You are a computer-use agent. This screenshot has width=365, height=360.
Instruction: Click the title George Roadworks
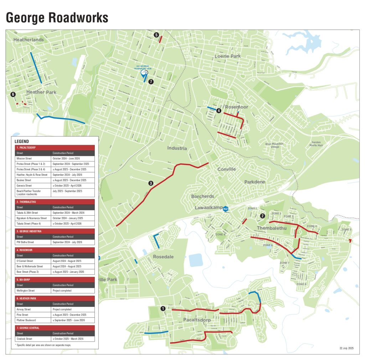click(57, 17)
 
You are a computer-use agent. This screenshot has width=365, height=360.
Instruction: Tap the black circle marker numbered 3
click(151, 183)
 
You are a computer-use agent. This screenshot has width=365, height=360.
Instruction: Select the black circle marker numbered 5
click(156, 35)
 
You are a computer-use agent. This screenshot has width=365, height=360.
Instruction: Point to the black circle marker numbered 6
click(13, 94)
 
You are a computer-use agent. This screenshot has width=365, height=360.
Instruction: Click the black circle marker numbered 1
click(163, 309)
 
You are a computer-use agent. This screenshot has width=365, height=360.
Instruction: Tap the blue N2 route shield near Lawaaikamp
click(225, 209)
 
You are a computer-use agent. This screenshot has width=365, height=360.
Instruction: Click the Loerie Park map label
click(227, 56)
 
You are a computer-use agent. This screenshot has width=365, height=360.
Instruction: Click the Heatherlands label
click(29, 40)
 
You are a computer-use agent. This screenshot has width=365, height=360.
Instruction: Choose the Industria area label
click(177, 148)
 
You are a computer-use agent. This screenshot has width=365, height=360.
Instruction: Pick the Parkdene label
click(255, 182)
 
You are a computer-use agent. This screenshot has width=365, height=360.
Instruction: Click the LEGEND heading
click(22, 141)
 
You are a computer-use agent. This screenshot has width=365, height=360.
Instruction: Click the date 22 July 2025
click(345, 348)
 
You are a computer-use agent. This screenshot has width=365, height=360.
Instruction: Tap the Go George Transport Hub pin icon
click(145, 74)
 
